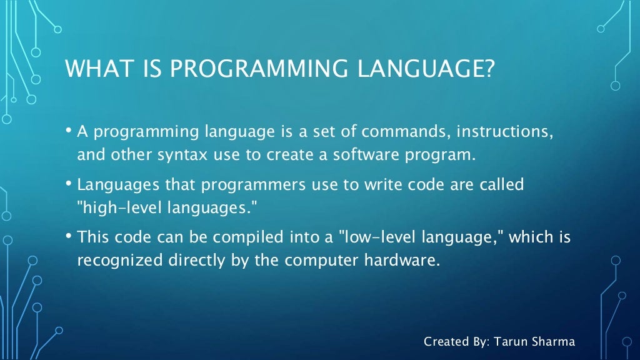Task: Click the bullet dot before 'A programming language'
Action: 68,132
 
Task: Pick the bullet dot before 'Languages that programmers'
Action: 68,185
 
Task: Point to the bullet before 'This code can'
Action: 68,237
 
